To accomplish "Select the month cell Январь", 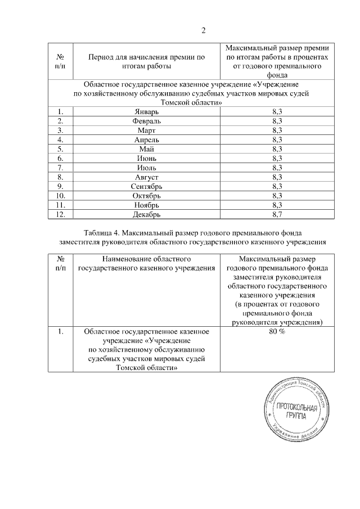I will (147, 112).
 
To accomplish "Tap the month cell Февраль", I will (147, 121).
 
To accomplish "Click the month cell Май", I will (147, 149).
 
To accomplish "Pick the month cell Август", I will (147, 177).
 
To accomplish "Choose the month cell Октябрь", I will (147, 195).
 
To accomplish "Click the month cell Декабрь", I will (147, 214).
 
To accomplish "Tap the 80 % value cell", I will (277, 332).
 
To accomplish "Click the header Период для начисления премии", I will (147, 57).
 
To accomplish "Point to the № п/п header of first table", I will (61, 62).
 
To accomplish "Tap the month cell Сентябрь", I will (147, 186).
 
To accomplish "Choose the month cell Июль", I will (147, 168).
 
